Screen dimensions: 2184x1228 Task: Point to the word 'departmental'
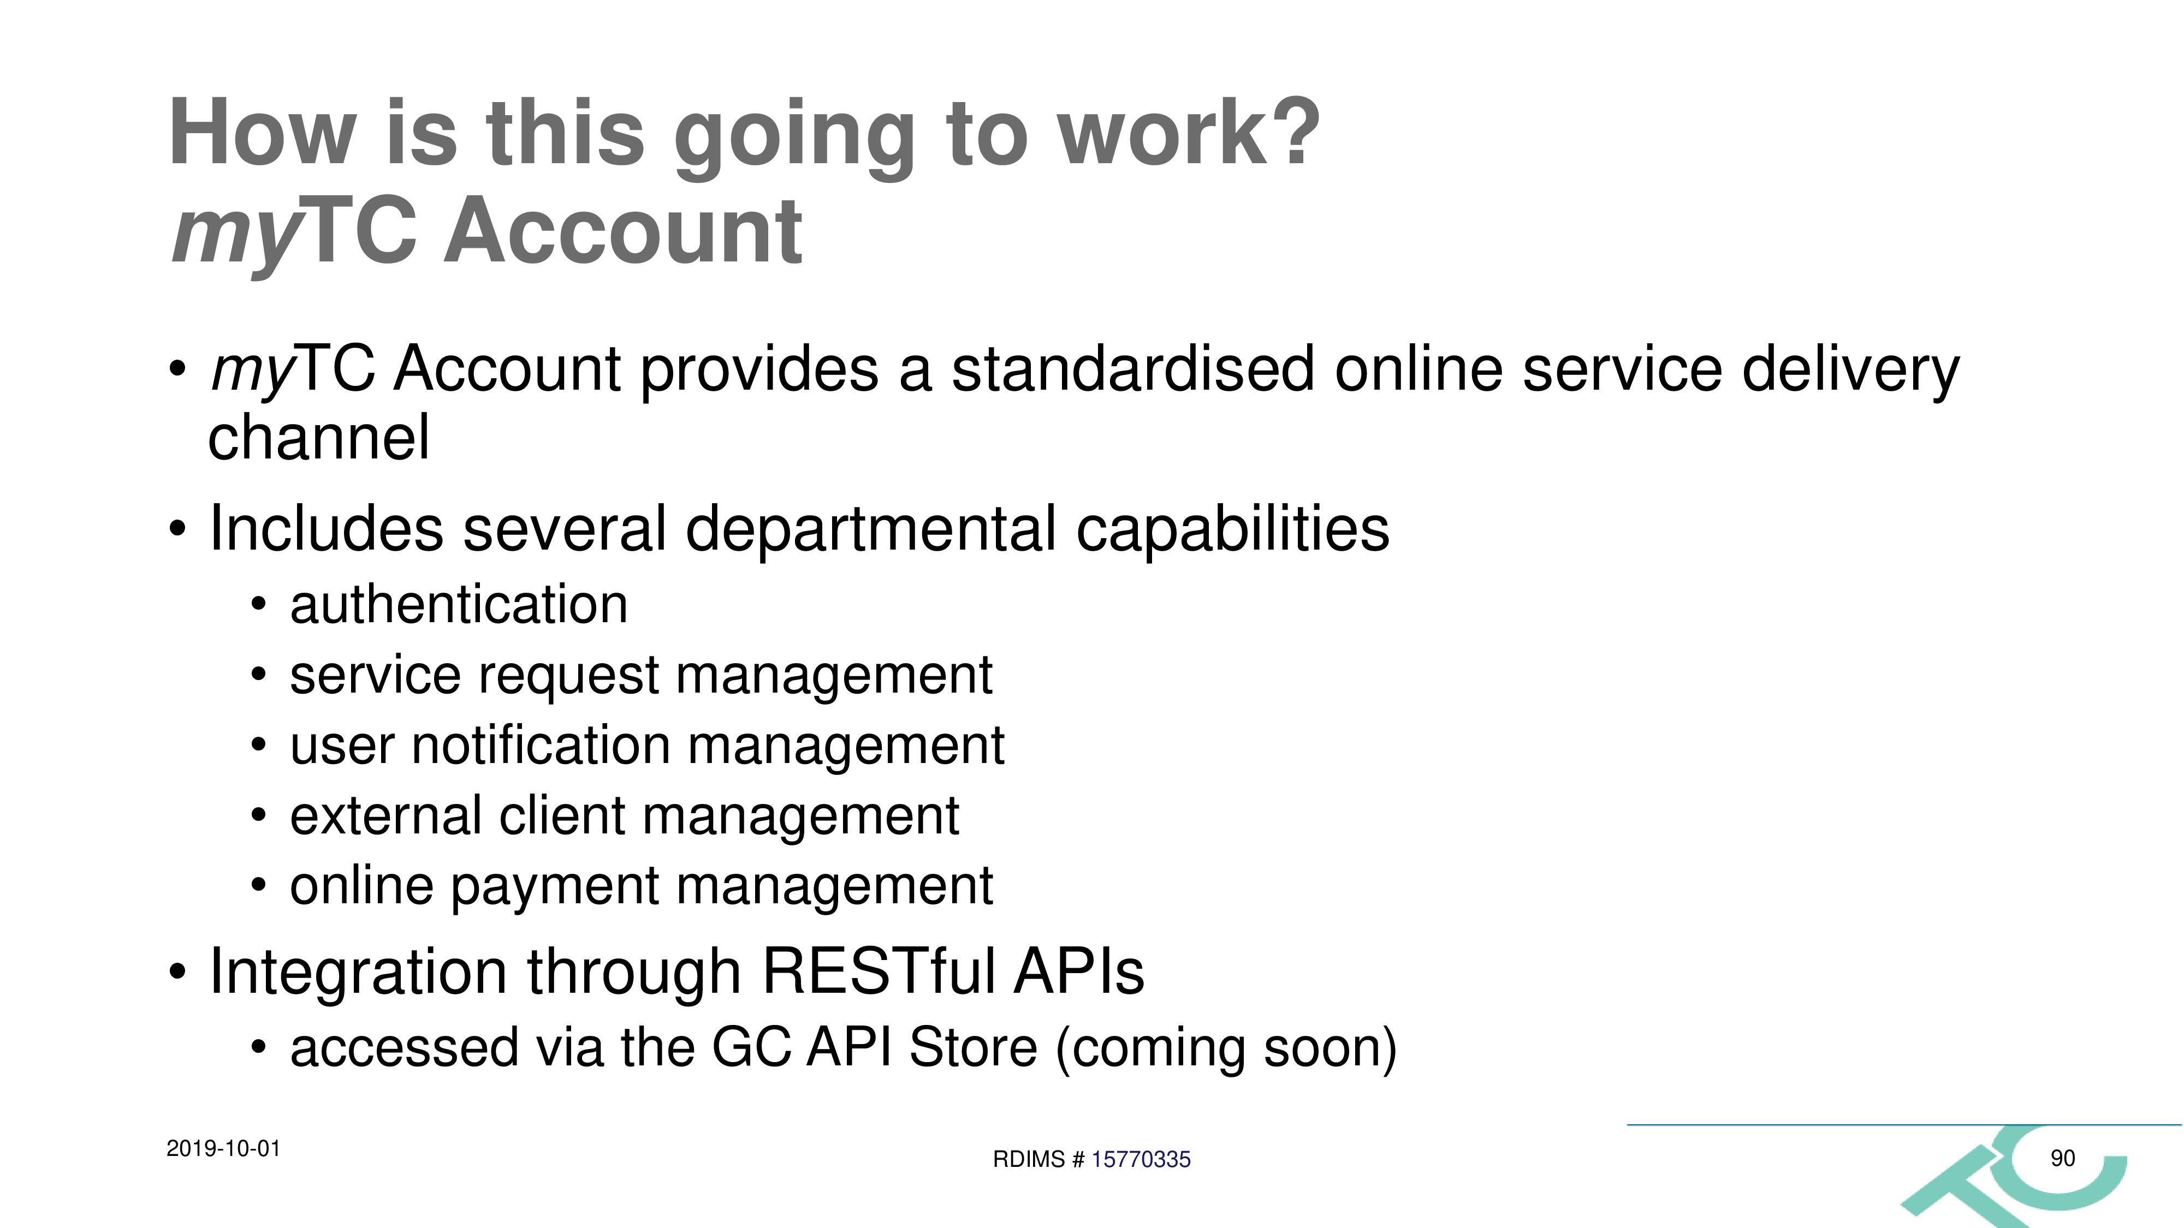click(871, 529)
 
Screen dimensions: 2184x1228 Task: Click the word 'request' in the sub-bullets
click(568, 676)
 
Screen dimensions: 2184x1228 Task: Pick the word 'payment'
click(555, 887)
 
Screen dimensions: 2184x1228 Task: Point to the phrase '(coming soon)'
click(1226, 1049)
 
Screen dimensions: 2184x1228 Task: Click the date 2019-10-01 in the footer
click(223, 1149)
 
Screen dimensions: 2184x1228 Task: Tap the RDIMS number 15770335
click(1141, 1159)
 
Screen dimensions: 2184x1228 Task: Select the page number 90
click(2063, 1158)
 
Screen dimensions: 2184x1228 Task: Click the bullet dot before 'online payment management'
click(259, 886)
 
